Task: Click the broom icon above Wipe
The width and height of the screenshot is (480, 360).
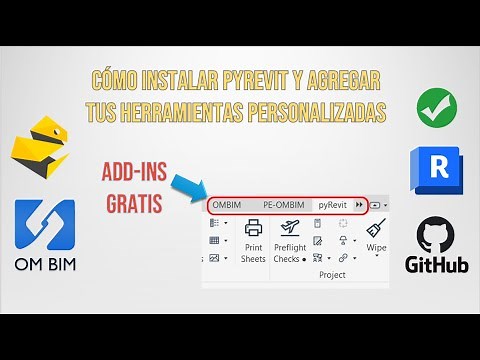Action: click(376, 229)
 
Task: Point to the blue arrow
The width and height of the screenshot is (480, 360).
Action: click(191, 185)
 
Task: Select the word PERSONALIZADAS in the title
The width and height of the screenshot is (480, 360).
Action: click(321, 113)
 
